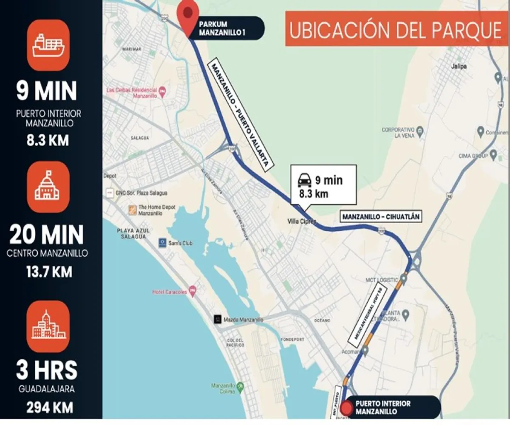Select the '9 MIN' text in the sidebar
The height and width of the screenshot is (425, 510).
47,91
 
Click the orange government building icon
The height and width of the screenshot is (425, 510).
48,187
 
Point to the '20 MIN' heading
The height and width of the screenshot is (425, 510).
47,234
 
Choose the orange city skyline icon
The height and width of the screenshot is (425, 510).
48,326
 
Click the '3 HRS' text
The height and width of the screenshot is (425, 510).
47,370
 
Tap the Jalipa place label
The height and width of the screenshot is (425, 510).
459,67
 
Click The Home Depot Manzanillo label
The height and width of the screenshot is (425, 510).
151,210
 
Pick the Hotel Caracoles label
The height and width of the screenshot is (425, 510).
170,292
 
